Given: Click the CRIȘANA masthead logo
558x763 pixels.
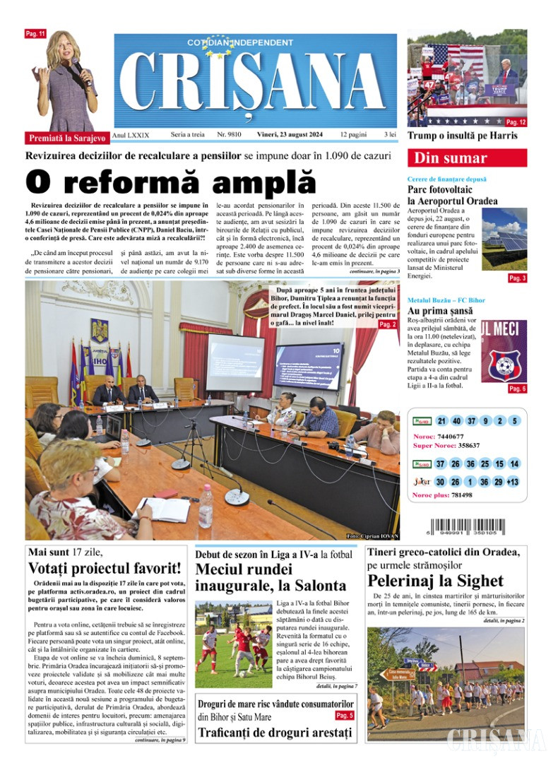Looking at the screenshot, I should click(255, 81).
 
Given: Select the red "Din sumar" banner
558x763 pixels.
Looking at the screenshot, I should click(466, 158).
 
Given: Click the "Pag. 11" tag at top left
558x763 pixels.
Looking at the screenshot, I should click(35, 34).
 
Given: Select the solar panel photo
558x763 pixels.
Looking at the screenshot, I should click(504, 239).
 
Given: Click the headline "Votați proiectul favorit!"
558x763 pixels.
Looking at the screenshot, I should click(105, 568).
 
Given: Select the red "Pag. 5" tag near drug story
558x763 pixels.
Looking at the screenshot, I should click(345, 716).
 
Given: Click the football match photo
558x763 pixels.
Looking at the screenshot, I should click(234, 644).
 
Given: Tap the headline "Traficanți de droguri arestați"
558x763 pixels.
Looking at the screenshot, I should click(275, 733).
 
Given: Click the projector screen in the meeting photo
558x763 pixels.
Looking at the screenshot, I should click(235, 360).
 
